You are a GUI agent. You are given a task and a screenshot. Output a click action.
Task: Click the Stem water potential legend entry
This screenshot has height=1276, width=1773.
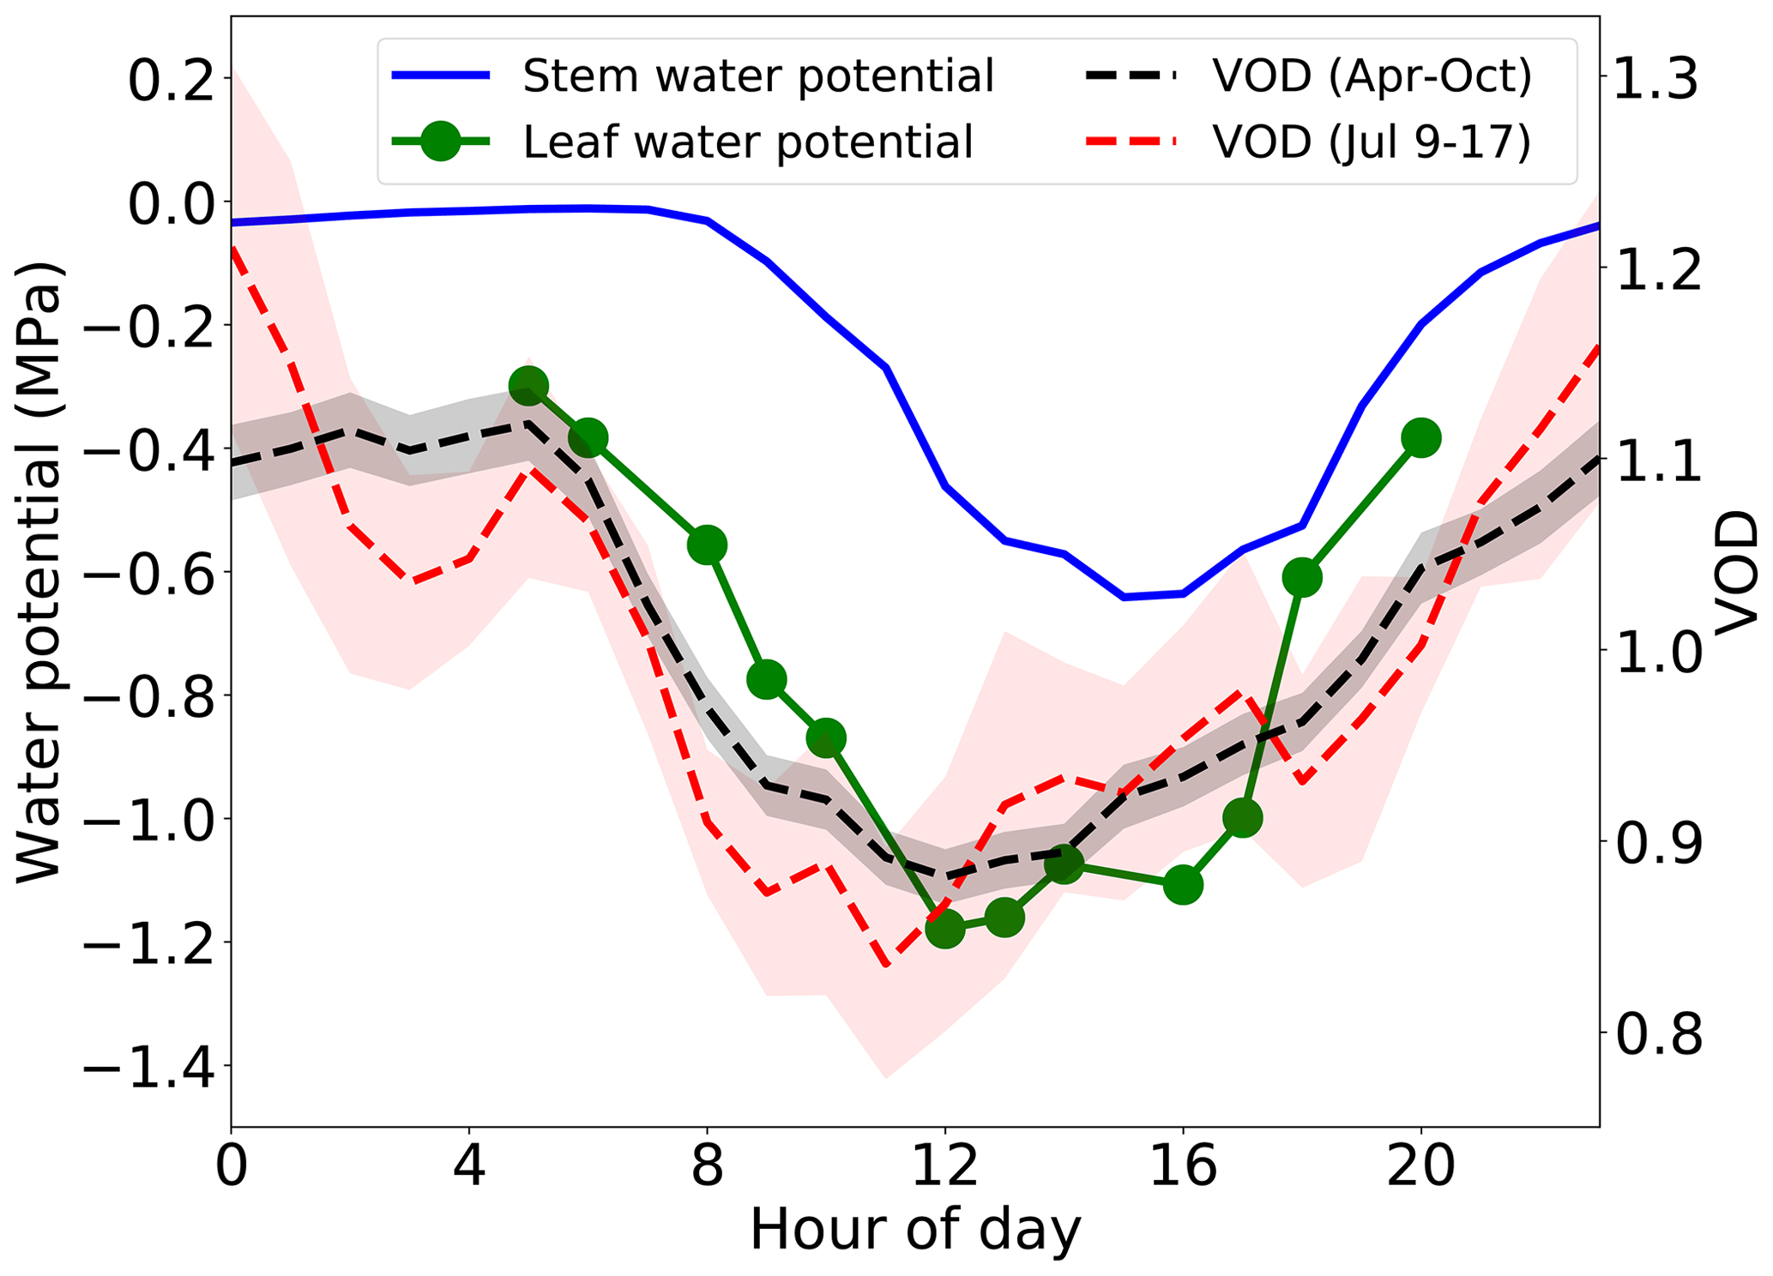point(757,76)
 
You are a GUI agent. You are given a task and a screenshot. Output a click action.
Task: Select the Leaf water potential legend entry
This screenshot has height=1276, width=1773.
point(747,141)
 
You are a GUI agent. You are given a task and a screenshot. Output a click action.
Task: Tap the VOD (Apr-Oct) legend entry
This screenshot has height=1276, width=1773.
point(1371,76)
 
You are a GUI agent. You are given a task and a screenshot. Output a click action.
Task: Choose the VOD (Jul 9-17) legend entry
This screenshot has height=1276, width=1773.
point(1371,141)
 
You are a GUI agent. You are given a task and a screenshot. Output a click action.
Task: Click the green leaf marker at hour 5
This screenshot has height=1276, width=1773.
point(528,385)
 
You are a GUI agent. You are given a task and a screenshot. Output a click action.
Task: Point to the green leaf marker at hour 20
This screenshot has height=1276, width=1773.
point(1420,438)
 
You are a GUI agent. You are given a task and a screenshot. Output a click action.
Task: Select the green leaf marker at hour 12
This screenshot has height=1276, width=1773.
point(945,928)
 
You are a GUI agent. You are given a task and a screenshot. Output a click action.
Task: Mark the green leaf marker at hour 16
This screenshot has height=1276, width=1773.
point(1183,884)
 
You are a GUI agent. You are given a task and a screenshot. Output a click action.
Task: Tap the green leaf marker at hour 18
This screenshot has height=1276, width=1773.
point(1302,578)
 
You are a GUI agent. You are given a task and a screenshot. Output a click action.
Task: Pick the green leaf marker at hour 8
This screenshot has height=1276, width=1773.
point(708,545)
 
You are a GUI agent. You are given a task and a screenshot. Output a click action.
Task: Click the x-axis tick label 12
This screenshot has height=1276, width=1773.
point(945,1167)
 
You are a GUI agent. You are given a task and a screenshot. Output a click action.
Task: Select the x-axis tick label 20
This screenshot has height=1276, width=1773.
point(1420,1167)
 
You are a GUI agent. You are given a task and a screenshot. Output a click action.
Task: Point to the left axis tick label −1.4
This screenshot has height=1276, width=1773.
point(148,1066)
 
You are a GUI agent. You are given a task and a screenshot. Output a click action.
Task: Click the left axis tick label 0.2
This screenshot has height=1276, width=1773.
point(170,81)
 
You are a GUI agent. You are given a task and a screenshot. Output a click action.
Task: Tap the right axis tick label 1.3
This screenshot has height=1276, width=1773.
point(1655,78)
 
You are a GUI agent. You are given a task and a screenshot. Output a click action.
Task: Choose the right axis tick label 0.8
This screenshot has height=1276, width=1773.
point(1655,1035)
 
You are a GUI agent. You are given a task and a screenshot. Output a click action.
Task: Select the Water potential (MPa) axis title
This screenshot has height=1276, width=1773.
point(39,570)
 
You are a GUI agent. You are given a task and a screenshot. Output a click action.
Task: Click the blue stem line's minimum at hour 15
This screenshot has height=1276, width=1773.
point(1124,597)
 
